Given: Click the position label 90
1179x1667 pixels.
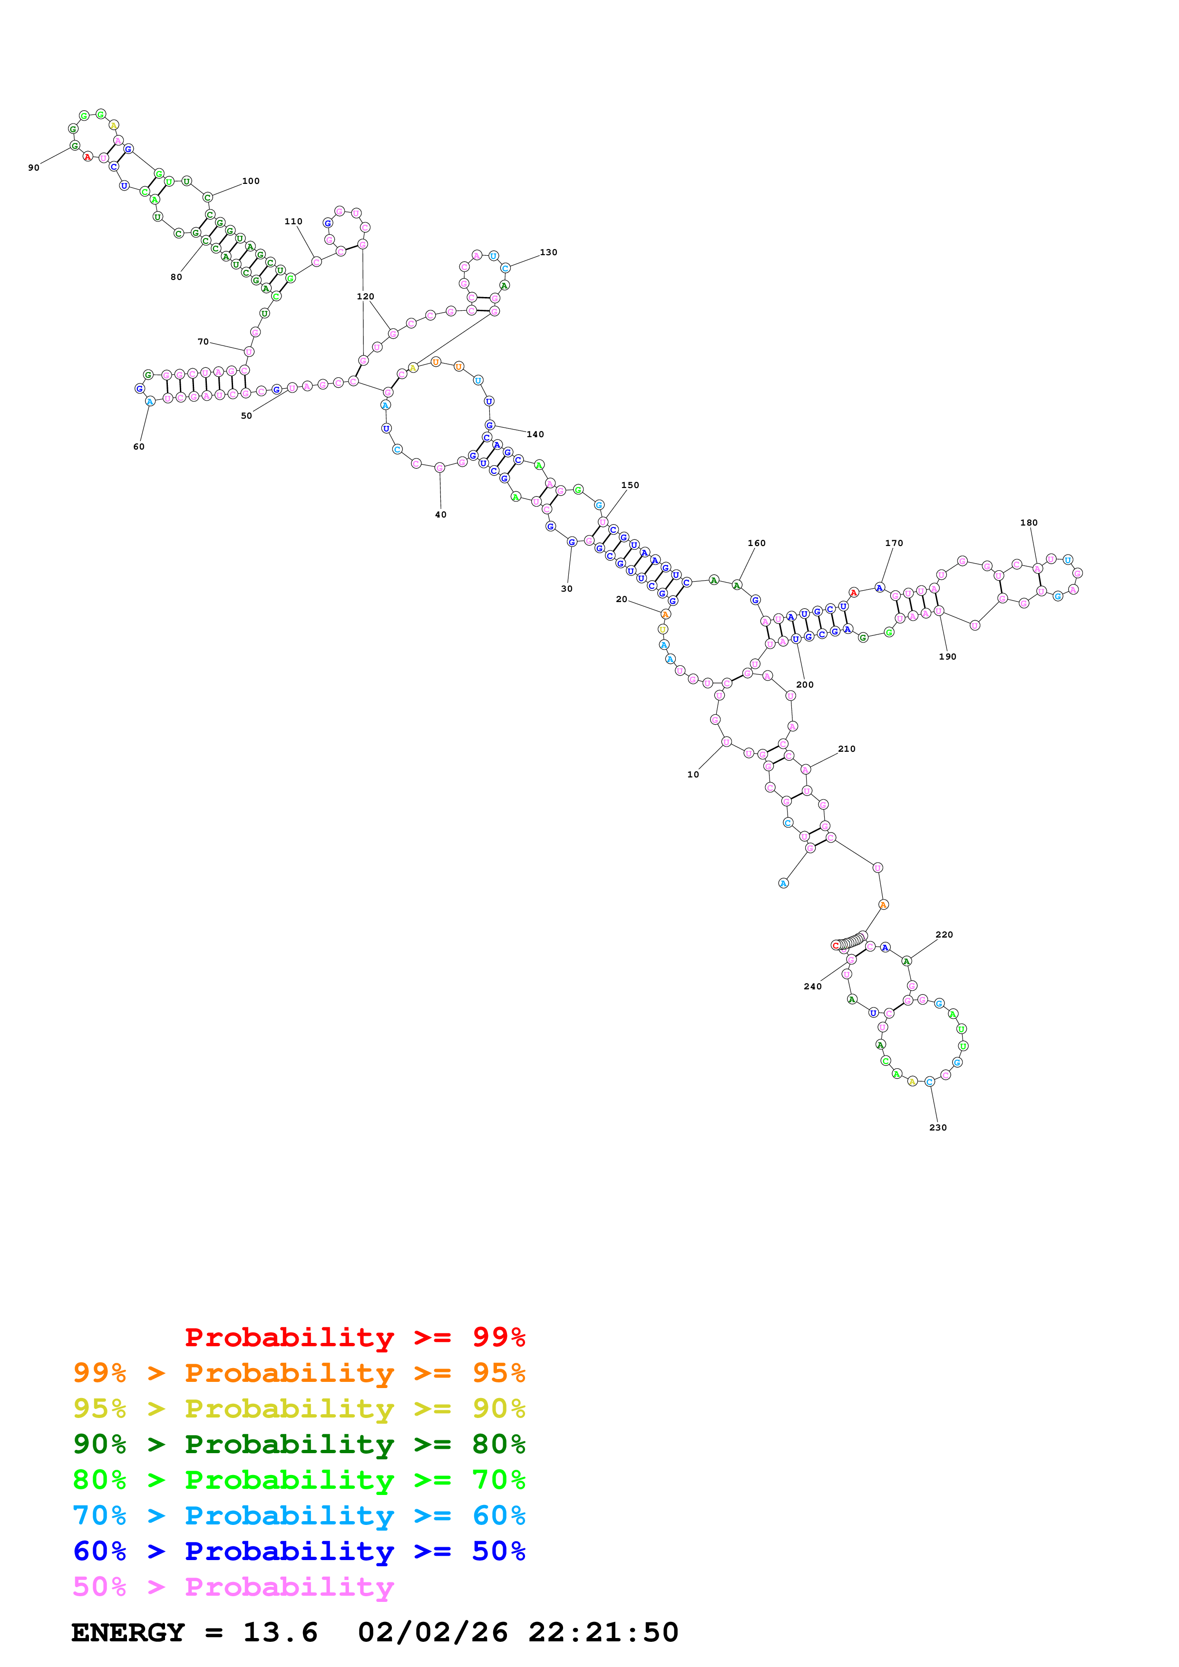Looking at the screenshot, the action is (33, 168).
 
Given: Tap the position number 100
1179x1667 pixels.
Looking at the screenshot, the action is (251, 181).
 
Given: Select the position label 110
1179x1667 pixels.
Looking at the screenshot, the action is (293, 221).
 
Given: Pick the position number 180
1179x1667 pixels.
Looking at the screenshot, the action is (1029, 523).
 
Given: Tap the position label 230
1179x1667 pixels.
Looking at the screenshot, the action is (938, 1128).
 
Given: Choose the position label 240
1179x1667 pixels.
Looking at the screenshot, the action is (812, 986).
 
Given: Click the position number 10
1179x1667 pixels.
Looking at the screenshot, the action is (693, 775).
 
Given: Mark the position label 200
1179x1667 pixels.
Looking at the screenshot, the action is (805, 685).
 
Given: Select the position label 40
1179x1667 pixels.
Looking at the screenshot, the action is (440, 515).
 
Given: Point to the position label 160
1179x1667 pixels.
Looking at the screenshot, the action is (756, 543).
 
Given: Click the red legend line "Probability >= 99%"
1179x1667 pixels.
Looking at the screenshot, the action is (354, 1337).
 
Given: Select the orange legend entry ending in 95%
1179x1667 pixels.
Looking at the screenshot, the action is (299, 1373).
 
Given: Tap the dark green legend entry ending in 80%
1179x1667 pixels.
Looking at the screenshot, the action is (299, 1444).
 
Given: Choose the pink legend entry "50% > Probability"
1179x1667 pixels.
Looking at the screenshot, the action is (233, 1587).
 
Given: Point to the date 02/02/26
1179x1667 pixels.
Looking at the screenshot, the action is (432, 1633).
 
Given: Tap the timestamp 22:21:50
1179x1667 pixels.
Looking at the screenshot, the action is (603, 1633).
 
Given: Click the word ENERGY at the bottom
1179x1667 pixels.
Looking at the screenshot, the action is (128, 1633).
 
